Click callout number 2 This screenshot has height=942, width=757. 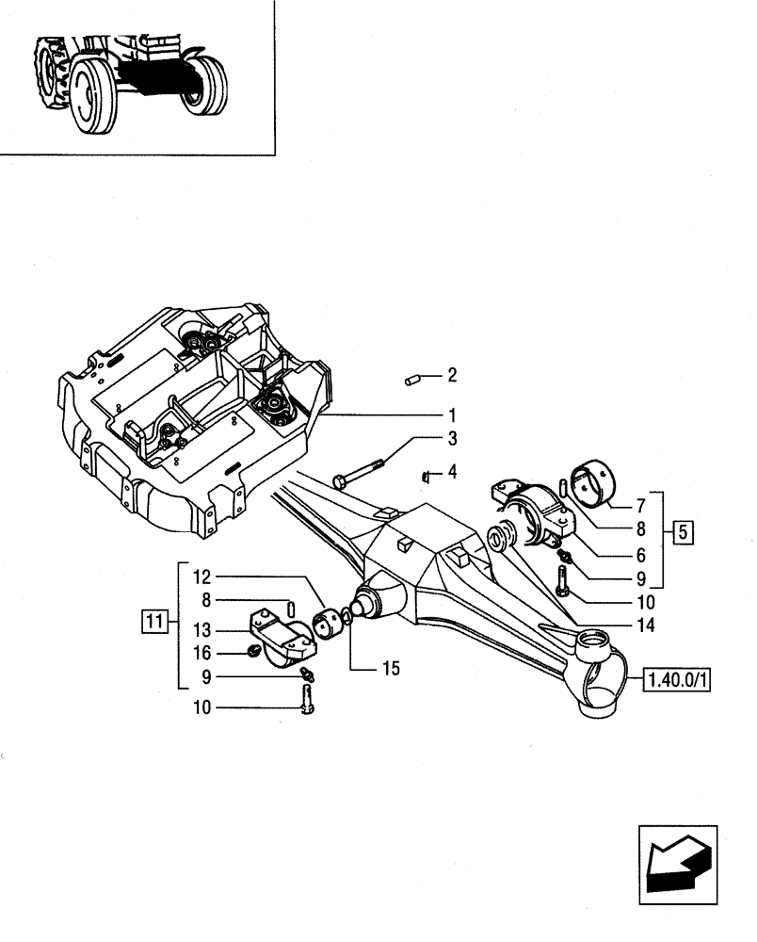[x=452, y=376]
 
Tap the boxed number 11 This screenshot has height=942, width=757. [x=153, y=621]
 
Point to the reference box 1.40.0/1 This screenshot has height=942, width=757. [x=677, y=678]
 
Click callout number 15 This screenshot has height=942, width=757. [x=391, y=669]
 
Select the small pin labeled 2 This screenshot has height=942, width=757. [x=411, y=380]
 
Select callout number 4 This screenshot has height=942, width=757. [x=452, y=471]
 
